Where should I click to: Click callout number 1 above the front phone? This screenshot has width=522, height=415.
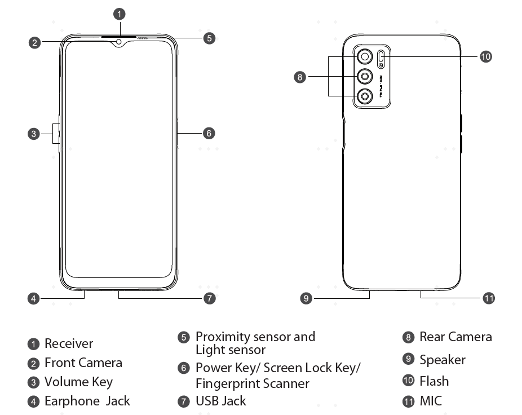pyautogui.click(x=120, y=13)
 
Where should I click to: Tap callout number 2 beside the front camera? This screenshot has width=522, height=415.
pyautogui.click(x=35, y=42)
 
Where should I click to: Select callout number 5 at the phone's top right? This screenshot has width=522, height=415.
pyautogui.click(x=209, y=38)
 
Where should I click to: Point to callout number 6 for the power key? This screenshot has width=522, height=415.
pyautogui.click(x=209, y=133)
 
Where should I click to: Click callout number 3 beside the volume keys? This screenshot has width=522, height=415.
pyautogui.click(x=34, y=134)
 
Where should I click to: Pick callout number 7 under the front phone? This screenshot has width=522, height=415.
pyautogui.click(x=209, y=298)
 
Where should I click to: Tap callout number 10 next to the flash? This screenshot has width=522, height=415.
pyautogui.click(x=486, y=56)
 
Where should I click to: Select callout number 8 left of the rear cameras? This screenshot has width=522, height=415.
pyautogui.click(x=300, y=77)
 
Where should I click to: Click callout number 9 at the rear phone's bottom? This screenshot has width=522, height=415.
pyautogui.click(x=306, y=298)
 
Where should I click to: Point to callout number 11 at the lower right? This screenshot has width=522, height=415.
pyautogui.click(x=489, y=298)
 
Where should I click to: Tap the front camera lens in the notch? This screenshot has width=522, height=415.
pyautogui.click(x=120, y=41)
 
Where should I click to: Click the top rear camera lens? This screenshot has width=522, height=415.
pyautogui.click(x=365, y=56)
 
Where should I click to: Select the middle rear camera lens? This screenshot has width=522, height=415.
pyautogui.click(x=365, y=77)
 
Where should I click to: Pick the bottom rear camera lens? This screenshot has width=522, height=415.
pyautogui.click(x=365, y=97)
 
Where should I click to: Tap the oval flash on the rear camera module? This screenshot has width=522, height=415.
pyautogui.click(x=382, y=56)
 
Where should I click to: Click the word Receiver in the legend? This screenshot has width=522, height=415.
pyautogui.click(x=69, y=343)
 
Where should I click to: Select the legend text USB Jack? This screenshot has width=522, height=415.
pyautogui.click(x=220, y=401)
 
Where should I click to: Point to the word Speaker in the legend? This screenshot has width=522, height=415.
pyautogui.click(x=443, y=360)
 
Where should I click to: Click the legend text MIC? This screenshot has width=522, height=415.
pyautogui.click(x=431, y=401)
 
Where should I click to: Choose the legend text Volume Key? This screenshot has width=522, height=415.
pyautogui.click(x=78, y=382)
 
